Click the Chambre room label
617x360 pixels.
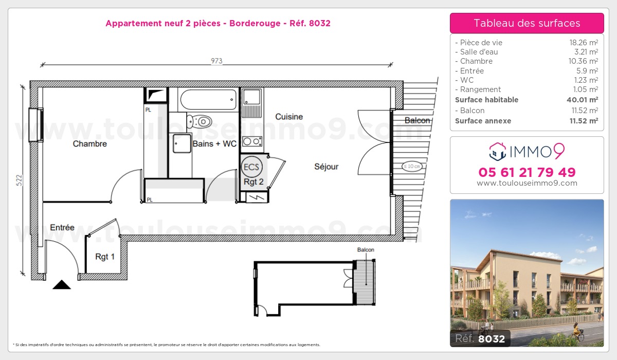coord(90,144)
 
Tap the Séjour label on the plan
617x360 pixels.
coord(326,167)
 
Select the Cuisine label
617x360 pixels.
coord(289,117)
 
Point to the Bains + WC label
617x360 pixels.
coord(214,144)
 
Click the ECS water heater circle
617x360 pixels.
coord(251,167)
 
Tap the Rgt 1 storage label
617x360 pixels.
coord(105,257)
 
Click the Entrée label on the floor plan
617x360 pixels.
coord(62,227)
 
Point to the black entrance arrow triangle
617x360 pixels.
coord(62,285)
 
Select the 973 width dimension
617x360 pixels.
coord(216,61)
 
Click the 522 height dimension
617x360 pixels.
coord(19,180)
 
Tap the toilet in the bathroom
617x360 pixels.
coord(200,122)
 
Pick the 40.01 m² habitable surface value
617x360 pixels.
coord(586,100)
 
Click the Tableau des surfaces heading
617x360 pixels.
coord(527,23)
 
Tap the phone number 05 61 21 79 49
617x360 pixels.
coord(527,172)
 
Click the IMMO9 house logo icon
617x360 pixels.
coord(498,151)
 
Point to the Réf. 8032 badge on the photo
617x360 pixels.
coord(480,338)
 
